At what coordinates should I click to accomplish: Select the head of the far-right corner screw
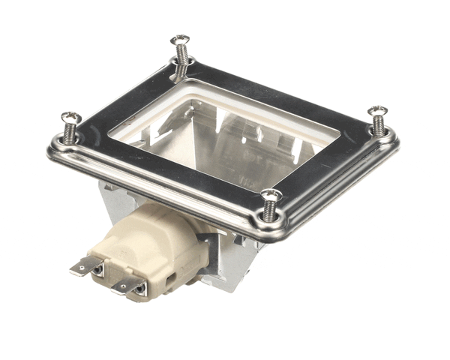378,111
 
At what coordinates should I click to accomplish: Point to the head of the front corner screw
271,195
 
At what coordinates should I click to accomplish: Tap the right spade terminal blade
127,283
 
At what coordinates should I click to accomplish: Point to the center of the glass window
225,139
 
